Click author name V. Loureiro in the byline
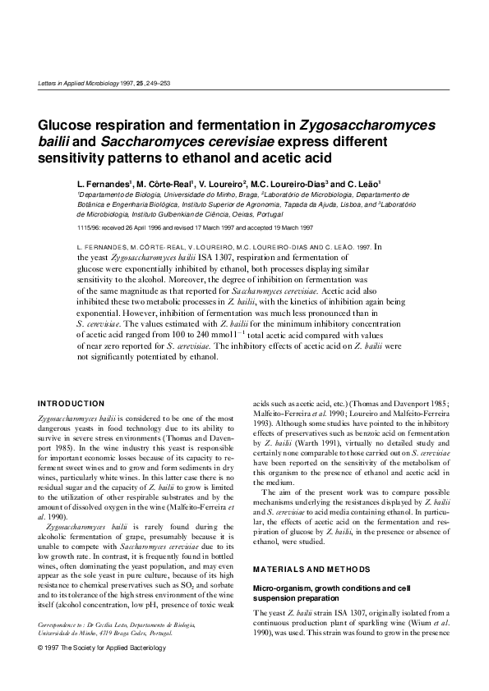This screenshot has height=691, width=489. pyautogui.click(x=224, y=185)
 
